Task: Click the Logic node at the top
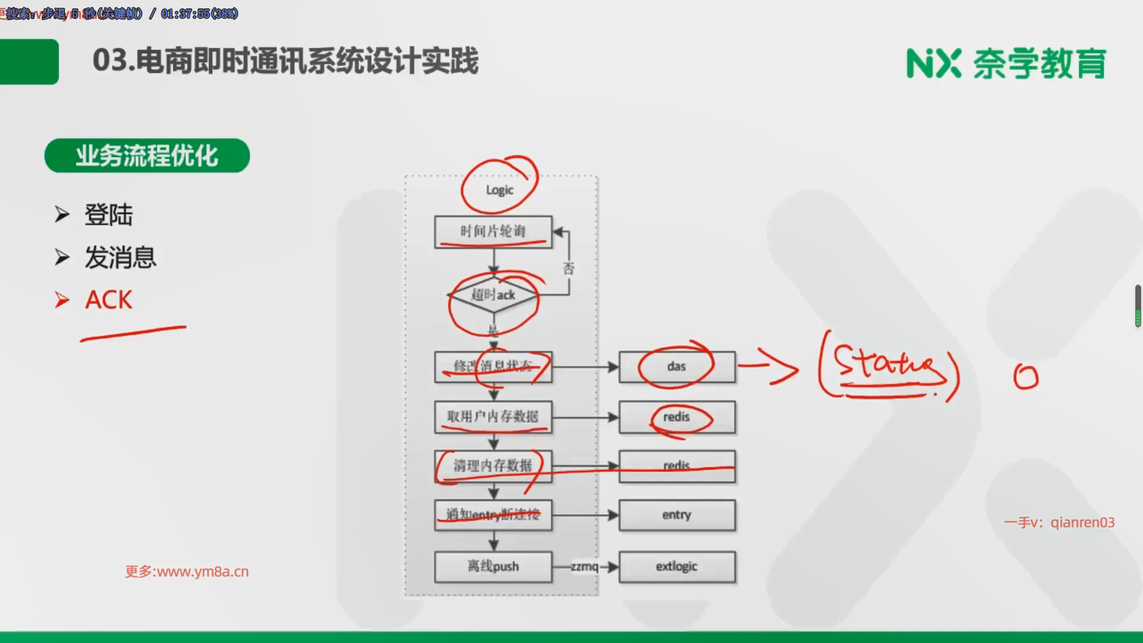pyautogui.click(x=499, y=190)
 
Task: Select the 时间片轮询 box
pyautogui.click(x=493, y=232)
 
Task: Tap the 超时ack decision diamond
pyautogui.click(x=493, y=295)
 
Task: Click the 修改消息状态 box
pyautogui.click(x=493, y=366)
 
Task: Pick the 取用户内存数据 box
pyautogui.click(x=493, y=417)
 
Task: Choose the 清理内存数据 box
pyautogui.click(x=493, y=466)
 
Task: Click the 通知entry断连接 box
pyautogui.click(x=493, y=515)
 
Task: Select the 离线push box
pyautogui.click(x=493, y=566)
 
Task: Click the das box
pyautogui.click(x=677, y=366)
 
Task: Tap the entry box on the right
pyautogui.click(x=677, y=515)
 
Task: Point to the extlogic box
pyautogui.click(x=677, y=566)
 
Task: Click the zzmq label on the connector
pyautogui.click(x=584, y=566)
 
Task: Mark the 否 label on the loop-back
pyautogui.click(x=569, y=269)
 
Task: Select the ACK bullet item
pyautogui.click(x=108, y=300)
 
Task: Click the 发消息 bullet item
pyautogui.click(x=120, y=258)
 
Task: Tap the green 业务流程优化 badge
pyautogui.click(x=147, y=156)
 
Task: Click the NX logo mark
pyautogui.click(x=933, y=63)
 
